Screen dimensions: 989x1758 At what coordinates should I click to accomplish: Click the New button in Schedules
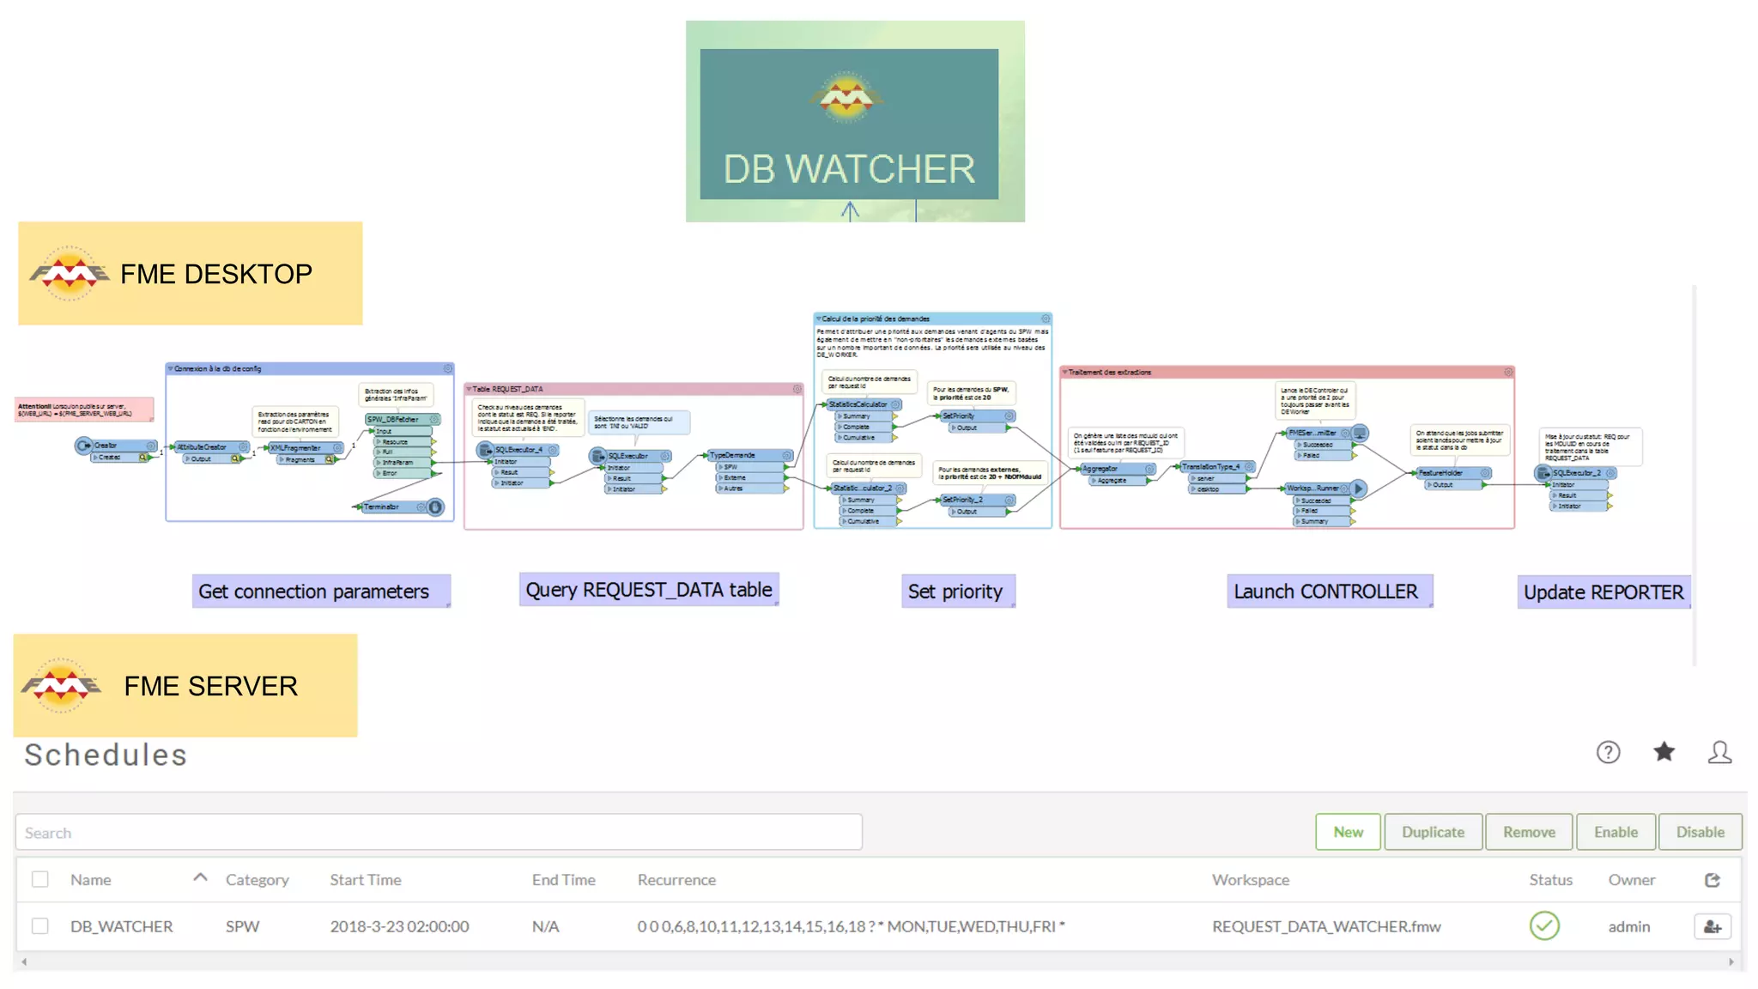(1348, 832)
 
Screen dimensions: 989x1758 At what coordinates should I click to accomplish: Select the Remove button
(1529, 832)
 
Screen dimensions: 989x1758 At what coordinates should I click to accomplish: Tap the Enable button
(1616, 832)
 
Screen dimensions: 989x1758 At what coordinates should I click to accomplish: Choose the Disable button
(1700, 832)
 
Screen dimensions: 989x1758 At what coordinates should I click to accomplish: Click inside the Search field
(438, 832)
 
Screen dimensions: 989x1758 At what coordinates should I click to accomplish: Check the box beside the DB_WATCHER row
(40, 925)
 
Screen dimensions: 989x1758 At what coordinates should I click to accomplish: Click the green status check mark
(1543, 925)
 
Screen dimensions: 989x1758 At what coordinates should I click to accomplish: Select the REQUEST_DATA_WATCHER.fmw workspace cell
(1326, 926)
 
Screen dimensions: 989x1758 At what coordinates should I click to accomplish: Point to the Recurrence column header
(676, 880)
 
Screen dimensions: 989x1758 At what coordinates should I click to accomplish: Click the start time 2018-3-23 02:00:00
(399, 926)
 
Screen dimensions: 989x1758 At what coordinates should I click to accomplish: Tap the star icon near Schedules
(1664, 752)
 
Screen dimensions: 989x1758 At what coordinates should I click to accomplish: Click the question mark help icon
(1608, 753)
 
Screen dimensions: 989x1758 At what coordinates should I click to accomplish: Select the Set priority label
(955, 592)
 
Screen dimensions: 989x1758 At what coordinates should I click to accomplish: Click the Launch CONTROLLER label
(1326, 592)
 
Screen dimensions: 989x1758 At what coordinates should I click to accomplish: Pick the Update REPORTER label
(1603, 592)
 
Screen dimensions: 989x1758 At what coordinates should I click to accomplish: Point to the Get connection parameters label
(314, 592)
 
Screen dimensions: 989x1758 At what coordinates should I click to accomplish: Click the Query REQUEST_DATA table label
(649, 590)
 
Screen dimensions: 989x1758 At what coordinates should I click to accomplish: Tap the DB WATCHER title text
(849, 169)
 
